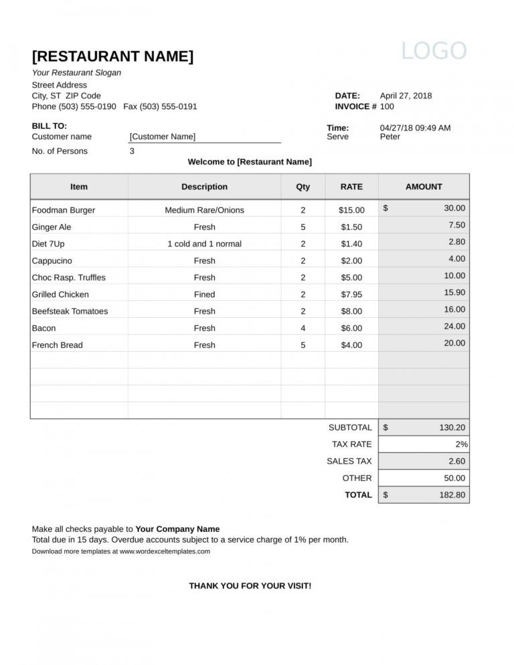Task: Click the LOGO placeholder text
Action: pyautogui.click(x=434, y=52)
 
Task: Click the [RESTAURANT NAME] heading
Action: pyautogui.click(x=112, y=56)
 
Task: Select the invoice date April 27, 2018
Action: pyautogui.click(x=406, y=96)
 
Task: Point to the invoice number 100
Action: pyautogui.click(x=387, y=106)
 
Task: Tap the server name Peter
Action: pyautogui.click(x=390, y=136)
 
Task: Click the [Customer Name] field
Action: pyautogui.click(x=163, y=136)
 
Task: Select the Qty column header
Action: pyautogui.click(x=303, y=187)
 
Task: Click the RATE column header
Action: pyautogui.click(x=351, y=187)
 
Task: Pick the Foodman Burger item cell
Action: pyautogui.click(x=64, y=210)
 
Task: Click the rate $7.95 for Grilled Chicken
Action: pyautogui.click(x=351, y=294)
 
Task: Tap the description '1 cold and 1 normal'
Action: pyautogui.click(x=204, y=244)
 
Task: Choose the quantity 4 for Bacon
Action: pyautogui.click(x=303, y=328)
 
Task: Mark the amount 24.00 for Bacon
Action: pyautogui.click(x=454, y=326)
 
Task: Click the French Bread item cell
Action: pyautogui.click(x=58, y=345)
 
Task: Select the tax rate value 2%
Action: pyautogui.click(x=461, y=444)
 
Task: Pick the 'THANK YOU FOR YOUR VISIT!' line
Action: pyautogui.click(x=250, y=586)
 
